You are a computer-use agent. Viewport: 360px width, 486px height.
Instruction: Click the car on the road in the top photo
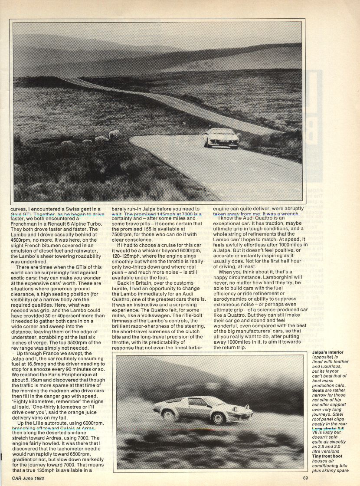click(221, 138)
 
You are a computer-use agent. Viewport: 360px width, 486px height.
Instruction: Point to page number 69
click(306, 479)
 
